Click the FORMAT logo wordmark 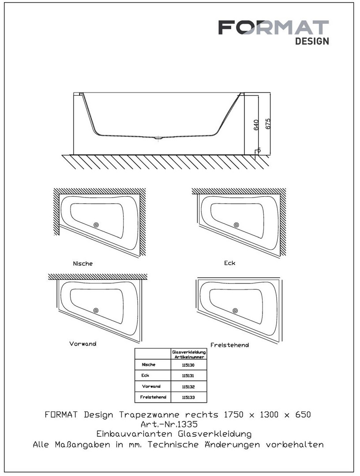click(x=274, y=28)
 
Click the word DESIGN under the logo click(x=312, y=41)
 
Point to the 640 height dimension click(x=256, y=125)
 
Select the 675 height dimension click(x=268, y=123)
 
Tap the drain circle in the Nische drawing click(x=96, y=225)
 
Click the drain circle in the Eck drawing click(x=236, y=225)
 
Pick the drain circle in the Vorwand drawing click(x=96, y=310)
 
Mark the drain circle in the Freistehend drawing click(x=235, y=311)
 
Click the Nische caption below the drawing click(x=82, y=264)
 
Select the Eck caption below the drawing click(x=230, y=263)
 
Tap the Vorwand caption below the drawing click(x=82, y=344)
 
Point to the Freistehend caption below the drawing click(x=230, y=345)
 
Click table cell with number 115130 click(x=188, y=365)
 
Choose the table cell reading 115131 click(x=188, y=376)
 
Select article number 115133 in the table click(x=188, y=398)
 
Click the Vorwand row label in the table click(x=151, y=387)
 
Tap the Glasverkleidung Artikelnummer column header click(x=189, y=354)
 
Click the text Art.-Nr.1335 click(x=169, y=424)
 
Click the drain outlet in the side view click(x=159, y=138)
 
